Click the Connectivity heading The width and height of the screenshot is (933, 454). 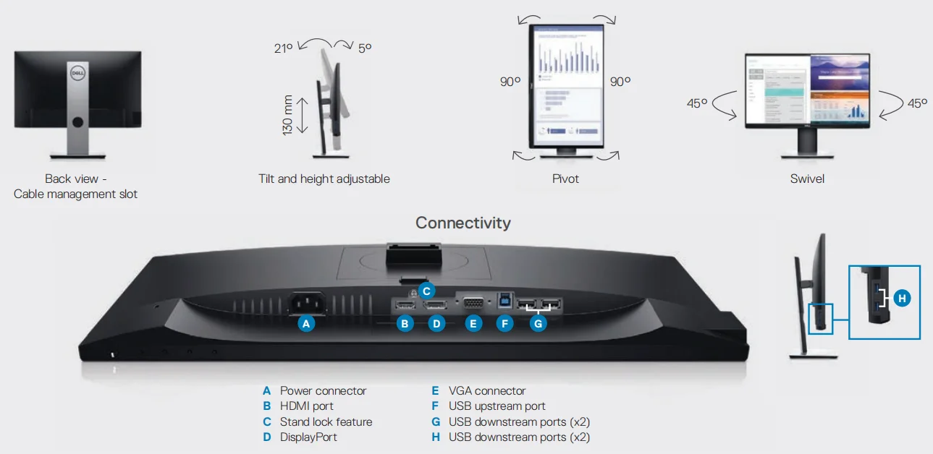(463, 223)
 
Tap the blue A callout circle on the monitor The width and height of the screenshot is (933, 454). (307, 324)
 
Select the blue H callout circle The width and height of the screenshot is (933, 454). (901, 298)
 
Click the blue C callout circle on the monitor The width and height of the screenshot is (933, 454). (426, 291)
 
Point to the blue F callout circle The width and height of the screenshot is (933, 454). (505, 324)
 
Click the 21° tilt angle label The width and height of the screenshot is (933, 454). (284, 48)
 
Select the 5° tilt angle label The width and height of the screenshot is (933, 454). (364, 48)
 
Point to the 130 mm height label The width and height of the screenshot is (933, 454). (287, 115)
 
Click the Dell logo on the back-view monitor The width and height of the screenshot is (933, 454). (77, 72)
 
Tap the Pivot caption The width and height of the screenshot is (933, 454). (565, 179)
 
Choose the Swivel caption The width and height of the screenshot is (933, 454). (807, 179)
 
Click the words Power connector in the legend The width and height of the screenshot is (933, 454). (323, 391)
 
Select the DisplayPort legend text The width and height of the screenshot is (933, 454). (308, 437)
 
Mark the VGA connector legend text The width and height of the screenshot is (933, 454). (487, 391)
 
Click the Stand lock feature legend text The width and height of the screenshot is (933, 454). (326, 421)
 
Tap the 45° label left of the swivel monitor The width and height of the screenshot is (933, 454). (697, 103)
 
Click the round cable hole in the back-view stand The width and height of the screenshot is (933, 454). (77, 123)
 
